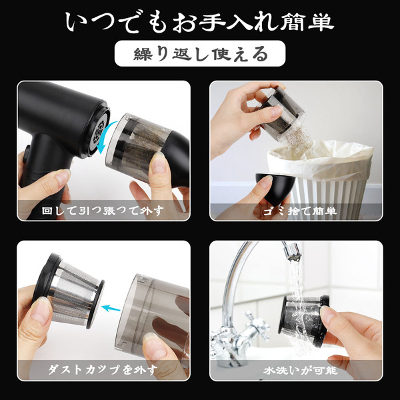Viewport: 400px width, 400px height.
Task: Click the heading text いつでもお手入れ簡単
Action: tap(200, 23)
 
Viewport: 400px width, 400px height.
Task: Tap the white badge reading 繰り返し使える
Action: tap(200, 53)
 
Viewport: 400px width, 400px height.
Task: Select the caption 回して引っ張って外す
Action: tap(103, 211)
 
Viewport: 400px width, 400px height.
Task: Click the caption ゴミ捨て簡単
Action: tap(300, 211)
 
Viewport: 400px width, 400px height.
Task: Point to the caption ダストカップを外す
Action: tap(103, 369)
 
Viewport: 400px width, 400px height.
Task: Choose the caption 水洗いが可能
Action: tap(301, 370)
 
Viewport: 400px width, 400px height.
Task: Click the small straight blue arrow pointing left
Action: tap(111, 308)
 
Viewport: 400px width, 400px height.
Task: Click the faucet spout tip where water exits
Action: tap(293, 256)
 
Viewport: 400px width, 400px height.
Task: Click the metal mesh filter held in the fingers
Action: tap(69, 291)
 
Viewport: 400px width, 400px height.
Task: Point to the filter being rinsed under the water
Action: tap(303, 319)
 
